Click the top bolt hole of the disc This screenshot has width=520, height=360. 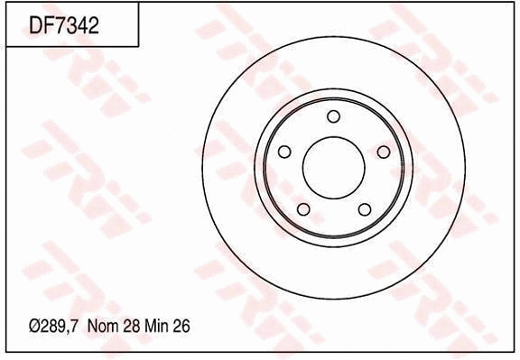333,116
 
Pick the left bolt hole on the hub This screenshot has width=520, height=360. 283,152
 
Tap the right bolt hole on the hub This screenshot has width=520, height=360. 384,152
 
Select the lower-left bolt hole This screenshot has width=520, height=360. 302,209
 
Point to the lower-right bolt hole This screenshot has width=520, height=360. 365,209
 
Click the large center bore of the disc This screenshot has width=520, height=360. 333,168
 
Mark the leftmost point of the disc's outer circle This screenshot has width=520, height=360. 203,168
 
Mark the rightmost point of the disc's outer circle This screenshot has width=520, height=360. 464,168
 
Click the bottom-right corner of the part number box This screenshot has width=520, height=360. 138,47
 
